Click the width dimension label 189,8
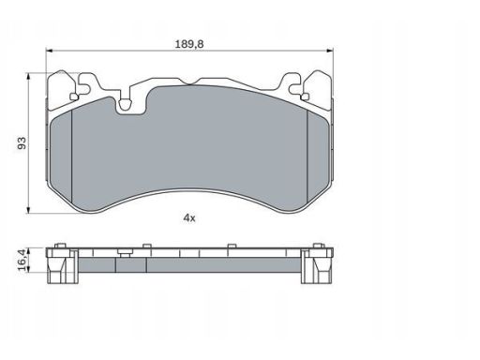[189, 44]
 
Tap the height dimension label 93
[22, 142]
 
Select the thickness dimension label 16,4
[22, 260]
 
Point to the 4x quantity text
[189, 217]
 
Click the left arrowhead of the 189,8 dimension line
[50, 51]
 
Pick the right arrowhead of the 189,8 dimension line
[330, 51]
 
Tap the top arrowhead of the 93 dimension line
[28, 77]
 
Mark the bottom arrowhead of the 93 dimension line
[28, 210]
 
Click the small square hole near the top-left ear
[74, 97]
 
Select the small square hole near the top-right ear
[305, 97]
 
